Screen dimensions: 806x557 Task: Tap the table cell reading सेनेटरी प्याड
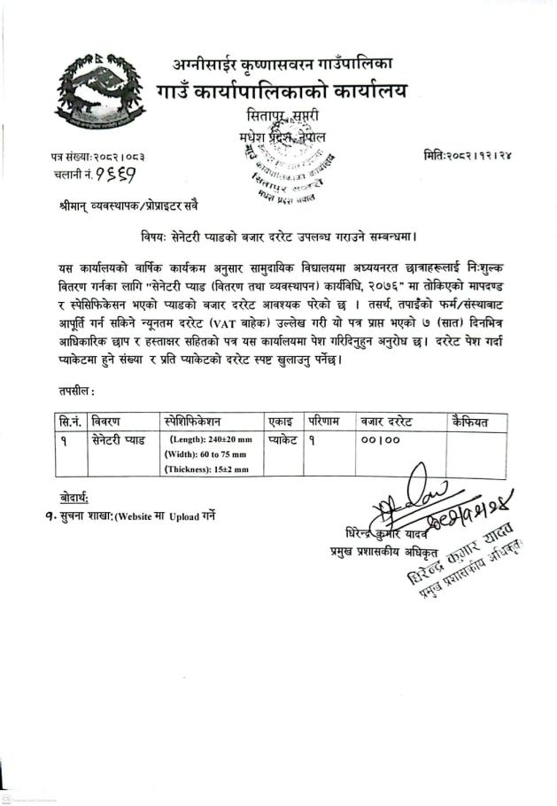(120, 438)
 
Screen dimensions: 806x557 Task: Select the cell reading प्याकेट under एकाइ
(282, 438)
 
